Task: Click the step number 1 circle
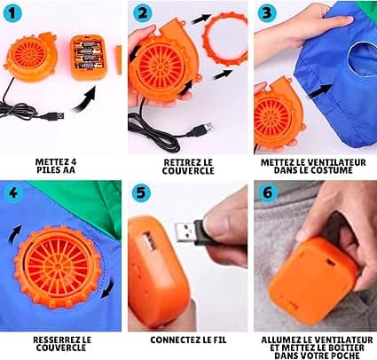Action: (12, 13)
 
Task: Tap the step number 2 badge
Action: (142, 13)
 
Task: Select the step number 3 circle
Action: (267, 13)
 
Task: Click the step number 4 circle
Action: (12, 192)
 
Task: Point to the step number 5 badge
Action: (141, 192)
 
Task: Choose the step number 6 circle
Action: (268, 192)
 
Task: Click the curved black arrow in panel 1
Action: (85, 99)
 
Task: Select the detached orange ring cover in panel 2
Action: (225, 38)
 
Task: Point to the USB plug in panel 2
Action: (204, 129)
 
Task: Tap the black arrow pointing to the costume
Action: (320, 90)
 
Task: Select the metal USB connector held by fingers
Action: (185, 232)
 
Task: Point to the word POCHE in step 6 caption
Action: (347, 356)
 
